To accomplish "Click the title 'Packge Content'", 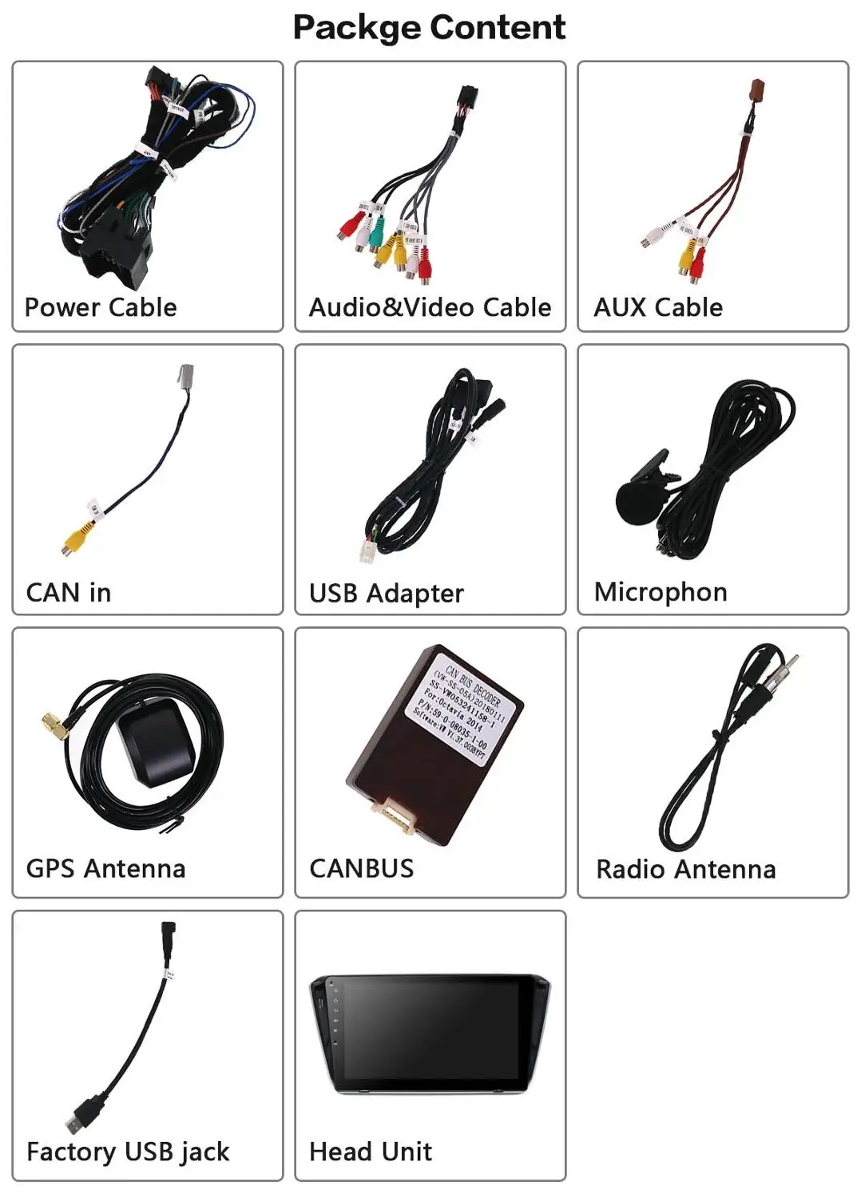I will pos(430,27).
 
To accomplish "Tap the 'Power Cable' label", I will pos(101,307).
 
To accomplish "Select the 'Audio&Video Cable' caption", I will pos(430,307).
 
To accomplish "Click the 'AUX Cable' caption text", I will pos(658,307).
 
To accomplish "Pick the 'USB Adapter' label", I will pos(387,593).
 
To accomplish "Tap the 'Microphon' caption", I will pos(661,592).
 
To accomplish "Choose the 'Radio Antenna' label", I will pos(685,869).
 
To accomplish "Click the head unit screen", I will pos(431,1031).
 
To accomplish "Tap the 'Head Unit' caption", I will pos(371,1152).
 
